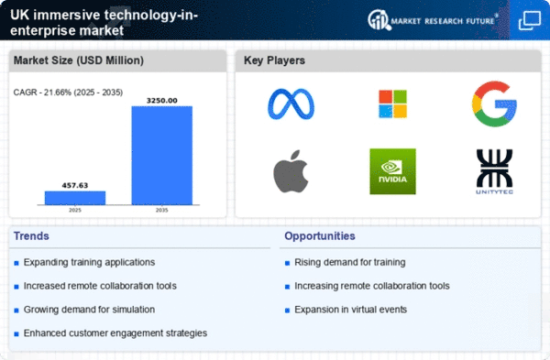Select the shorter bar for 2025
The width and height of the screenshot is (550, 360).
click(75, 197)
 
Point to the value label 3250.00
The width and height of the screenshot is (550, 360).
click(161, 100)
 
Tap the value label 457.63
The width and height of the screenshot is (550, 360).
click(75, 184)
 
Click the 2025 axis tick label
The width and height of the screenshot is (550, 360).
click(75, 209)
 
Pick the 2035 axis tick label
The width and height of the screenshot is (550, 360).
click(161, 209)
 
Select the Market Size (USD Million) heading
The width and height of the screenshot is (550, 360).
click(71, 60)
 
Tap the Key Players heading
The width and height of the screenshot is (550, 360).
click(275, 60)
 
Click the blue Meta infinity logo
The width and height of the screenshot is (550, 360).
click(291, 104)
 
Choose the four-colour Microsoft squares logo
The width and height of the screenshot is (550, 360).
click(392, 104)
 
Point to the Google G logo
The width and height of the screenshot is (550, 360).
click(494, 104)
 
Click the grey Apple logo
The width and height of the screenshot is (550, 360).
click(291, 171)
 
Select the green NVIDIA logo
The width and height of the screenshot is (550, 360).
click(392, 171)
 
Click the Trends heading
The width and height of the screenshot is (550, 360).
click(33, 236)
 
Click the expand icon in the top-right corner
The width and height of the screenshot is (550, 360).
click(529, 20)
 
